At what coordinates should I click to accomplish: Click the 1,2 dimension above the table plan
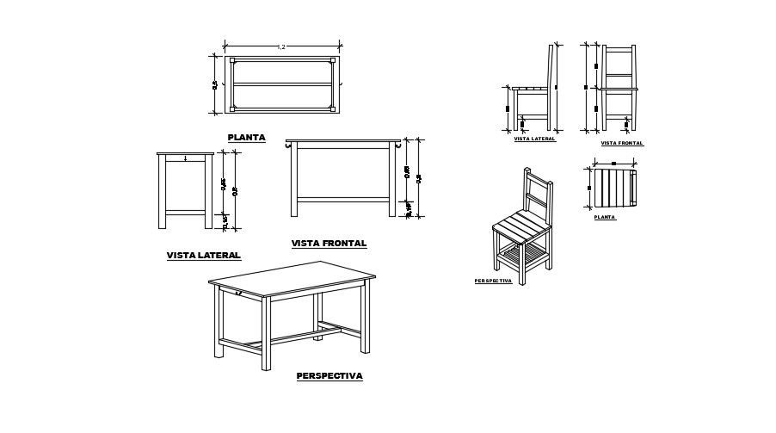point(281,46)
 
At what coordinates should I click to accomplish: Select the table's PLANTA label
point(246,137)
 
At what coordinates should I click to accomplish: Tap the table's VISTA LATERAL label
point(203,256)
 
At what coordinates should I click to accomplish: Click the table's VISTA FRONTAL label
point(329,244)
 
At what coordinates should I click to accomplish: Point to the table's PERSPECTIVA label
point(329,376)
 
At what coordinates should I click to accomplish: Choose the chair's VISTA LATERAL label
point(534,139)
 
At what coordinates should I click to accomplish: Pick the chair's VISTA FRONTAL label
point(621,143)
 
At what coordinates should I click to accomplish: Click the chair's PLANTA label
point(605,218)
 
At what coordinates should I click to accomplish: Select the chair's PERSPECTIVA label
point(493,281)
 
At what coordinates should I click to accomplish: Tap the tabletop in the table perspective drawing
point(293,280)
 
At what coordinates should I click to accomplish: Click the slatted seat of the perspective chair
point(521,229)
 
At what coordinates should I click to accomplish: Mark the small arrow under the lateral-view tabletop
point(185,158)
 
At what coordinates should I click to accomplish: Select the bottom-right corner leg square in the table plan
point(333,109)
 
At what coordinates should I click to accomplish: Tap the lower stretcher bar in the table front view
point(344,200)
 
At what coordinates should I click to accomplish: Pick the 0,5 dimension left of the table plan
point(215,84)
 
